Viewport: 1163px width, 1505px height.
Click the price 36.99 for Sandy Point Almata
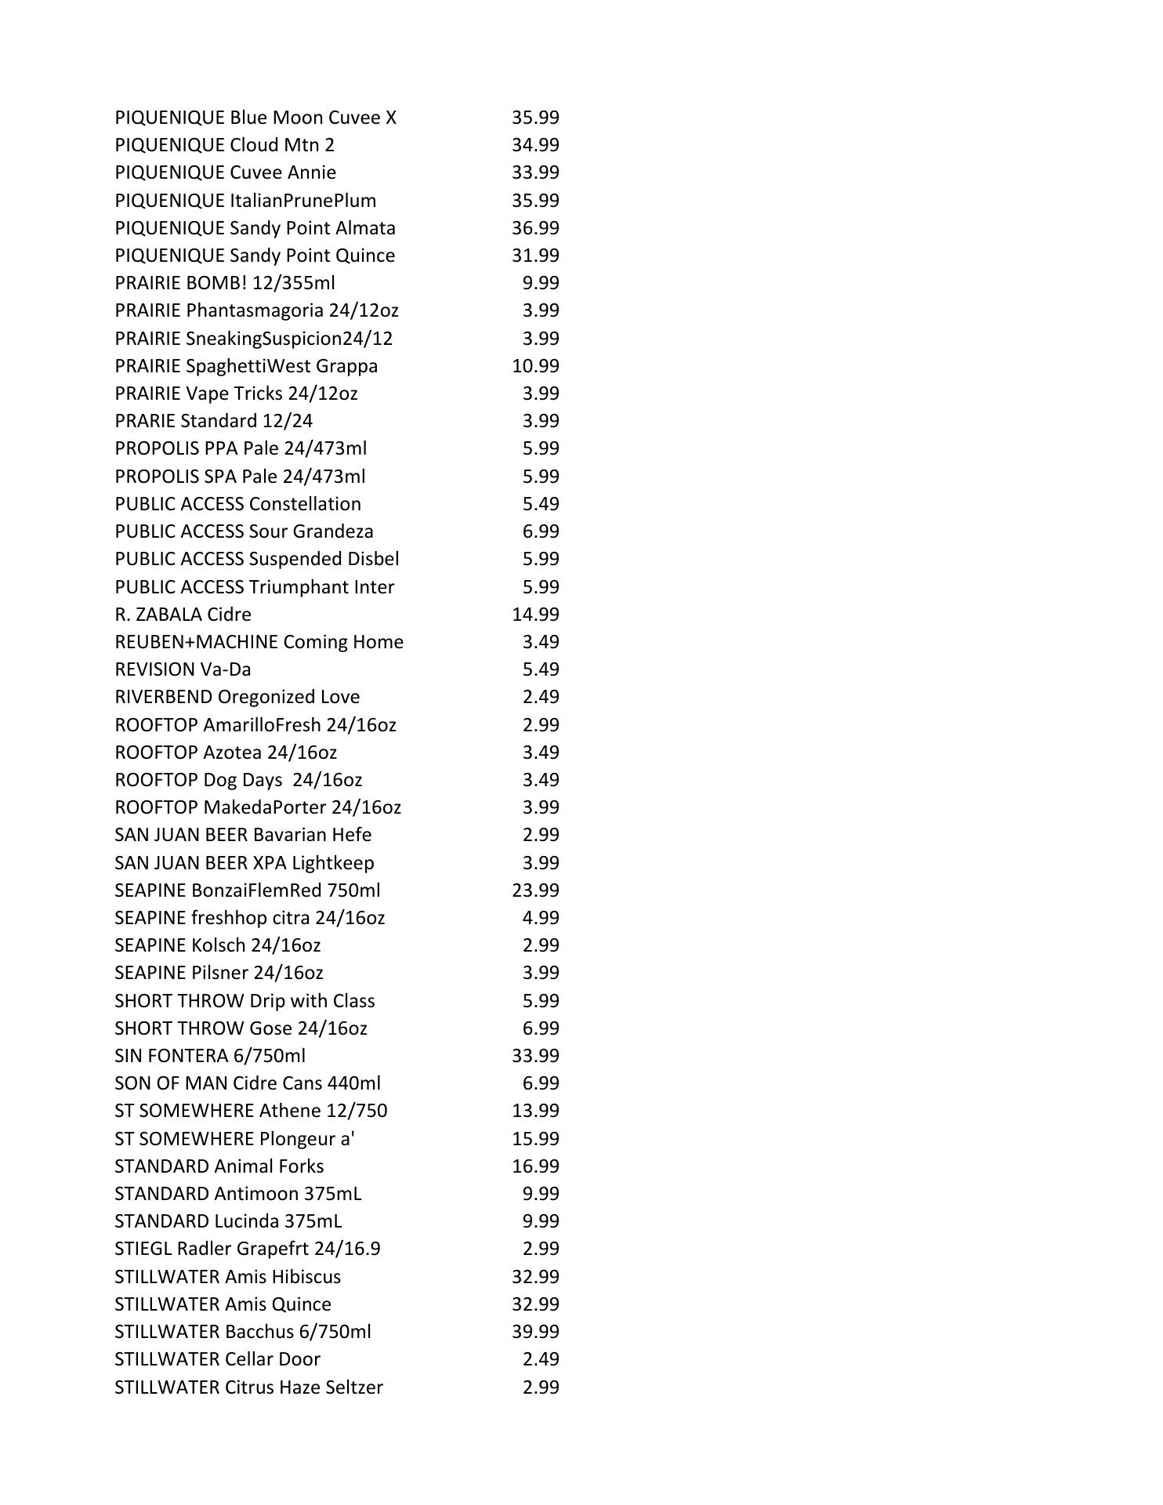pos(535,228)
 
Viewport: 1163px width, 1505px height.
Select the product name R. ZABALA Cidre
pos(183,615)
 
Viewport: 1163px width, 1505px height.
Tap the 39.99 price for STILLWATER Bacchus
pos(535,1332)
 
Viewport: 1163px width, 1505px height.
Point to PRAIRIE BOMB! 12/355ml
pos(225,283)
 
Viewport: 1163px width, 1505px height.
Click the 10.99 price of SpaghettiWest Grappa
pos(535,366)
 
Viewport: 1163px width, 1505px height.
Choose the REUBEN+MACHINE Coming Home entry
pos(259,642)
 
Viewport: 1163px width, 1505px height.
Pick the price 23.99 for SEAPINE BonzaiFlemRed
pos(535,890)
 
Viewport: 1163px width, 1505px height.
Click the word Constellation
pos(305,504)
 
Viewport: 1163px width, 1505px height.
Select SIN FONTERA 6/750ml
pos(210,1056)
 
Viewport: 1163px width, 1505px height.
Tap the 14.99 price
pos(535,615)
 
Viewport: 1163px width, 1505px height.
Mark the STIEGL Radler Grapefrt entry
pos(247,1249)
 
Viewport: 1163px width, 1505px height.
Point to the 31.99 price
pos(535,256)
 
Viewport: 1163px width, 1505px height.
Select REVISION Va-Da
pos(183,669)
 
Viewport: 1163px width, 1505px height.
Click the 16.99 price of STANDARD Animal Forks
pos(535,1166)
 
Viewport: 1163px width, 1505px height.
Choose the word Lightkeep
pos(333,863)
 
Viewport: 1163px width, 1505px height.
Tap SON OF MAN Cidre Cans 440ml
pos(247,1083)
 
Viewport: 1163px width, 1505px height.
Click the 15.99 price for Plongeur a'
pos(535,1139)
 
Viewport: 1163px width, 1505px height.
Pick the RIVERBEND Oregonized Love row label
pos(237,697)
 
